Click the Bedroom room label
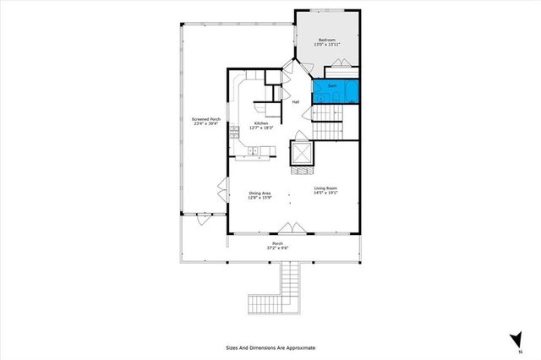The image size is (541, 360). click(327, 41)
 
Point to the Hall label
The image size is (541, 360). click(296, 103)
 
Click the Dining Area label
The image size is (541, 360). click(260, 194)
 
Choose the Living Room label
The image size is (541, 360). click(325, 188)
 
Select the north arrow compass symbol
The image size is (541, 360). click(514, 339)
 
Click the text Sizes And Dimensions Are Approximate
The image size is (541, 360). click(270, 347)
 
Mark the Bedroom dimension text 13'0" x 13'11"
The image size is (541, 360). click(327, 46)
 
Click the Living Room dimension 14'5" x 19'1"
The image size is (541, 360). click(325, 194)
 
